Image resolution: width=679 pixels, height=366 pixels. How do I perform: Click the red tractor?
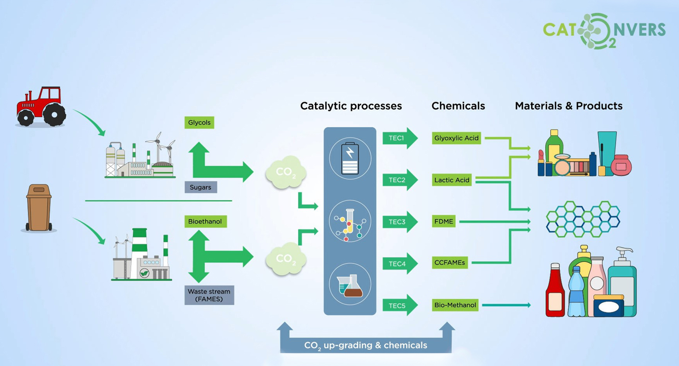pyautogui.click(x=41, y=106)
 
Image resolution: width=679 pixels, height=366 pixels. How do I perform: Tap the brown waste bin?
pyautogui.click(x=39, y=208)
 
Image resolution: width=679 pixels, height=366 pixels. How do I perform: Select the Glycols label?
pyautogui.click(x=199, y=122)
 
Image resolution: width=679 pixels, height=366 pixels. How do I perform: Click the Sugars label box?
pyautogui.click(x=201, y=187)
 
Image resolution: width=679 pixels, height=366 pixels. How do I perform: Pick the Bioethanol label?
pyautogui.click(x=205, y=221)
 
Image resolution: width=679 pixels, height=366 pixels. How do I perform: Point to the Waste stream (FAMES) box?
pyautogui.click(x=209, y=295)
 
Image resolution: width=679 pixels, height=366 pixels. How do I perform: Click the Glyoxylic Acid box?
pyautogui.click(x=456, y=138)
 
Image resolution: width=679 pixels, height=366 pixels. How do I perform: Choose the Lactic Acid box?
pyautogui.click(x=452, y=180)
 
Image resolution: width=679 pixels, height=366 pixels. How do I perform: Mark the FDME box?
pyautogui.click(x=443, y=221)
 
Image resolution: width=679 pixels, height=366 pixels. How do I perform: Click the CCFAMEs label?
pyautogui.click(x=449, y=262)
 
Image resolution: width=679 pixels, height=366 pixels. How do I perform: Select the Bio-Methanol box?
pyautogui.click(x=455, y=305)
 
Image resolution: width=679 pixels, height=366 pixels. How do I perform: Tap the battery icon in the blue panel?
pyautogui.click(x=350, y=158)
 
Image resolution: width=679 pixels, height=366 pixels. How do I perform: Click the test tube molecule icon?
pyautogui.click(x=350, y=221)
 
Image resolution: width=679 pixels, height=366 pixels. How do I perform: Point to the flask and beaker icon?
pyautogui.click(x=350, y=284)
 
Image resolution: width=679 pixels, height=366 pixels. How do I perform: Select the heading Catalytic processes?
pyautogui.click(x=351, y=106)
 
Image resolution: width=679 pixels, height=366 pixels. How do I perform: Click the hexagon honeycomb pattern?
pyautogui.click(x=583, y=219)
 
